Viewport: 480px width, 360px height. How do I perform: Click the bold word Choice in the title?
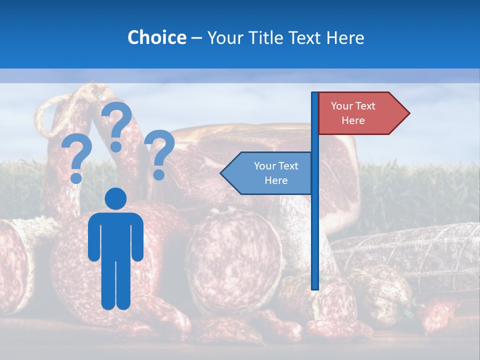tap(156, 37)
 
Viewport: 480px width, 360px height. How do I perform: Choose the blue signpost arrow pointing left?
tap(270, 173)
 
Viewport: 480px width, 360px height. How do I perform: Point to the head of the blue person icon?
tap(116, 198)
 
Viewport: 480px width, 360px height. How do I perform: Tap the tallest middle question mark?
tap(117, 125)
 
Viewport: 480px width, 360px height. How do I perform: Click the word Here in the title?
tap(345, 37)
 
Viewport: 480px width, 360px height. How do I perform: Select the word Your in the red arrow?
tap(341, 106)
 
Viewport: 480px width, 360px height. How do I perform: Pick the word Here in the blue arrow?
tap(276, 180)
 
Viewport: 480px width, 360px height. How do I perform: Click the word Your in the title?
tap(223, 37)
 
